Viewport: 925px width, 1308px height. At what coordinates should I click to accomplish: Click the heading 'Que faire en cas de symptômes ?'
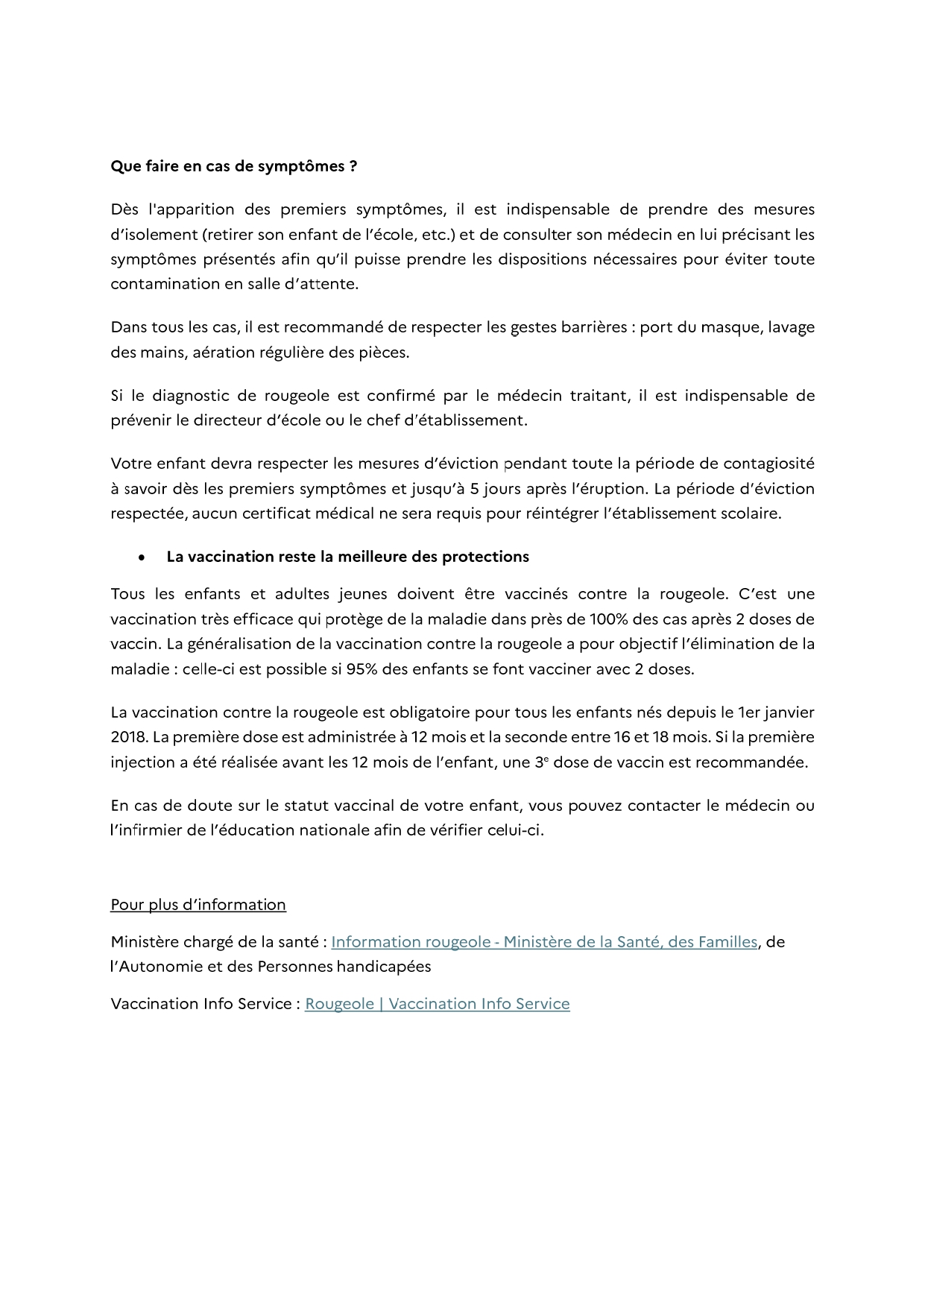coord(233,166)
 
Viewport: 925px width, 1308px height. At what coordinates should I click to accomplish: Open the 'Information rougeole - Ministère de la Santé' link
coord(544,941)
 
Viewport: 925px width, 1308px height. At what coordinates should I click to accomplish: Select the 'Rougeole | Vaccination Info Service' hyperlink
coord(437,1003)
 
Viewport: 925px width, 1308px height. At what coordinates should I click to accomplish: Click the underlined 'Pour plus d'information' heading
coord(198,904)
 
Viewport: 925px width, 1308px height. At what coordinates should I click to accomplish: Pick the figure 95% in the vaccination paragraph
coord(362,669)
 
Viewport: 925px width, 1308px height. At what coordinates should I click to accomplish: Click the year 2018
coord(128,737)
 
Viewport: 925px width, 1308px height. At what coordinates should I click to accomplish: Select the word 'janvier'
coord(789,712)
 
